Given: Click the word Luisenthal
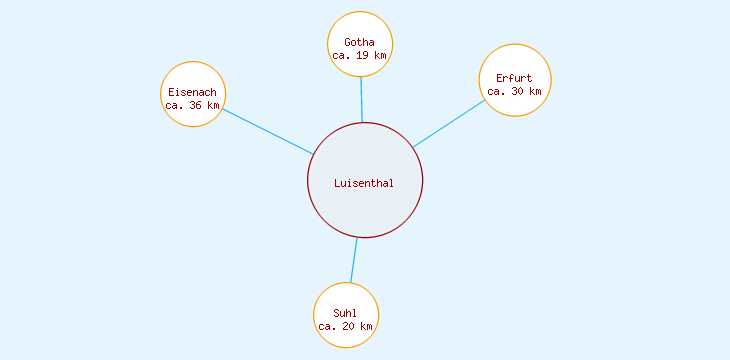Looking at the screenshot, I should [364, 183].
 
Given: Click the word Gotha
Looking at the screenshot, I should [360, 42].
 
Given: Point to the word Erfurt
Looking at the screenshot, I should [514, 78].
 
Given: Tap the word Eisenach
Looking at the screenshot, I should [192, 92].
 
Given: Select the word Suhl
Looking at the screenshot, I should [346, 313].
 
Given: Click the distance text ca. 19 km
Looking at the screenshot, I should [360, 56].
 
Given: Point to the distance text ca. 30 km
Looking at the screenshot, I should [514, 91].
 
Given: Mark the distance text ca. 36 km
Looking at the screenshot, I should [192, 105].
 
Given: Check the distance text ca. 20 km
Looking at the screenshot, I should [346, 326].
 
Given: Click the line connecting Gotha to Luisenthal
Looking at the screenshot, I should [361, 100].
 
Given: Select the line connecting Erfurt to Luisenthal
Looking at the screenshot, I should [450, 123].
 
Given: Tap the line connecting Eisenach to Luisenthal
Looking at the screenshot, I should [268, 131].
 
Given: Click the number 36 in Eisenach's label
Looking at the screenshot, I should [196, 105].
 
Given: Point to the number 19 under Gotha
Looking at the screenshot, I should [364, 56].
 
